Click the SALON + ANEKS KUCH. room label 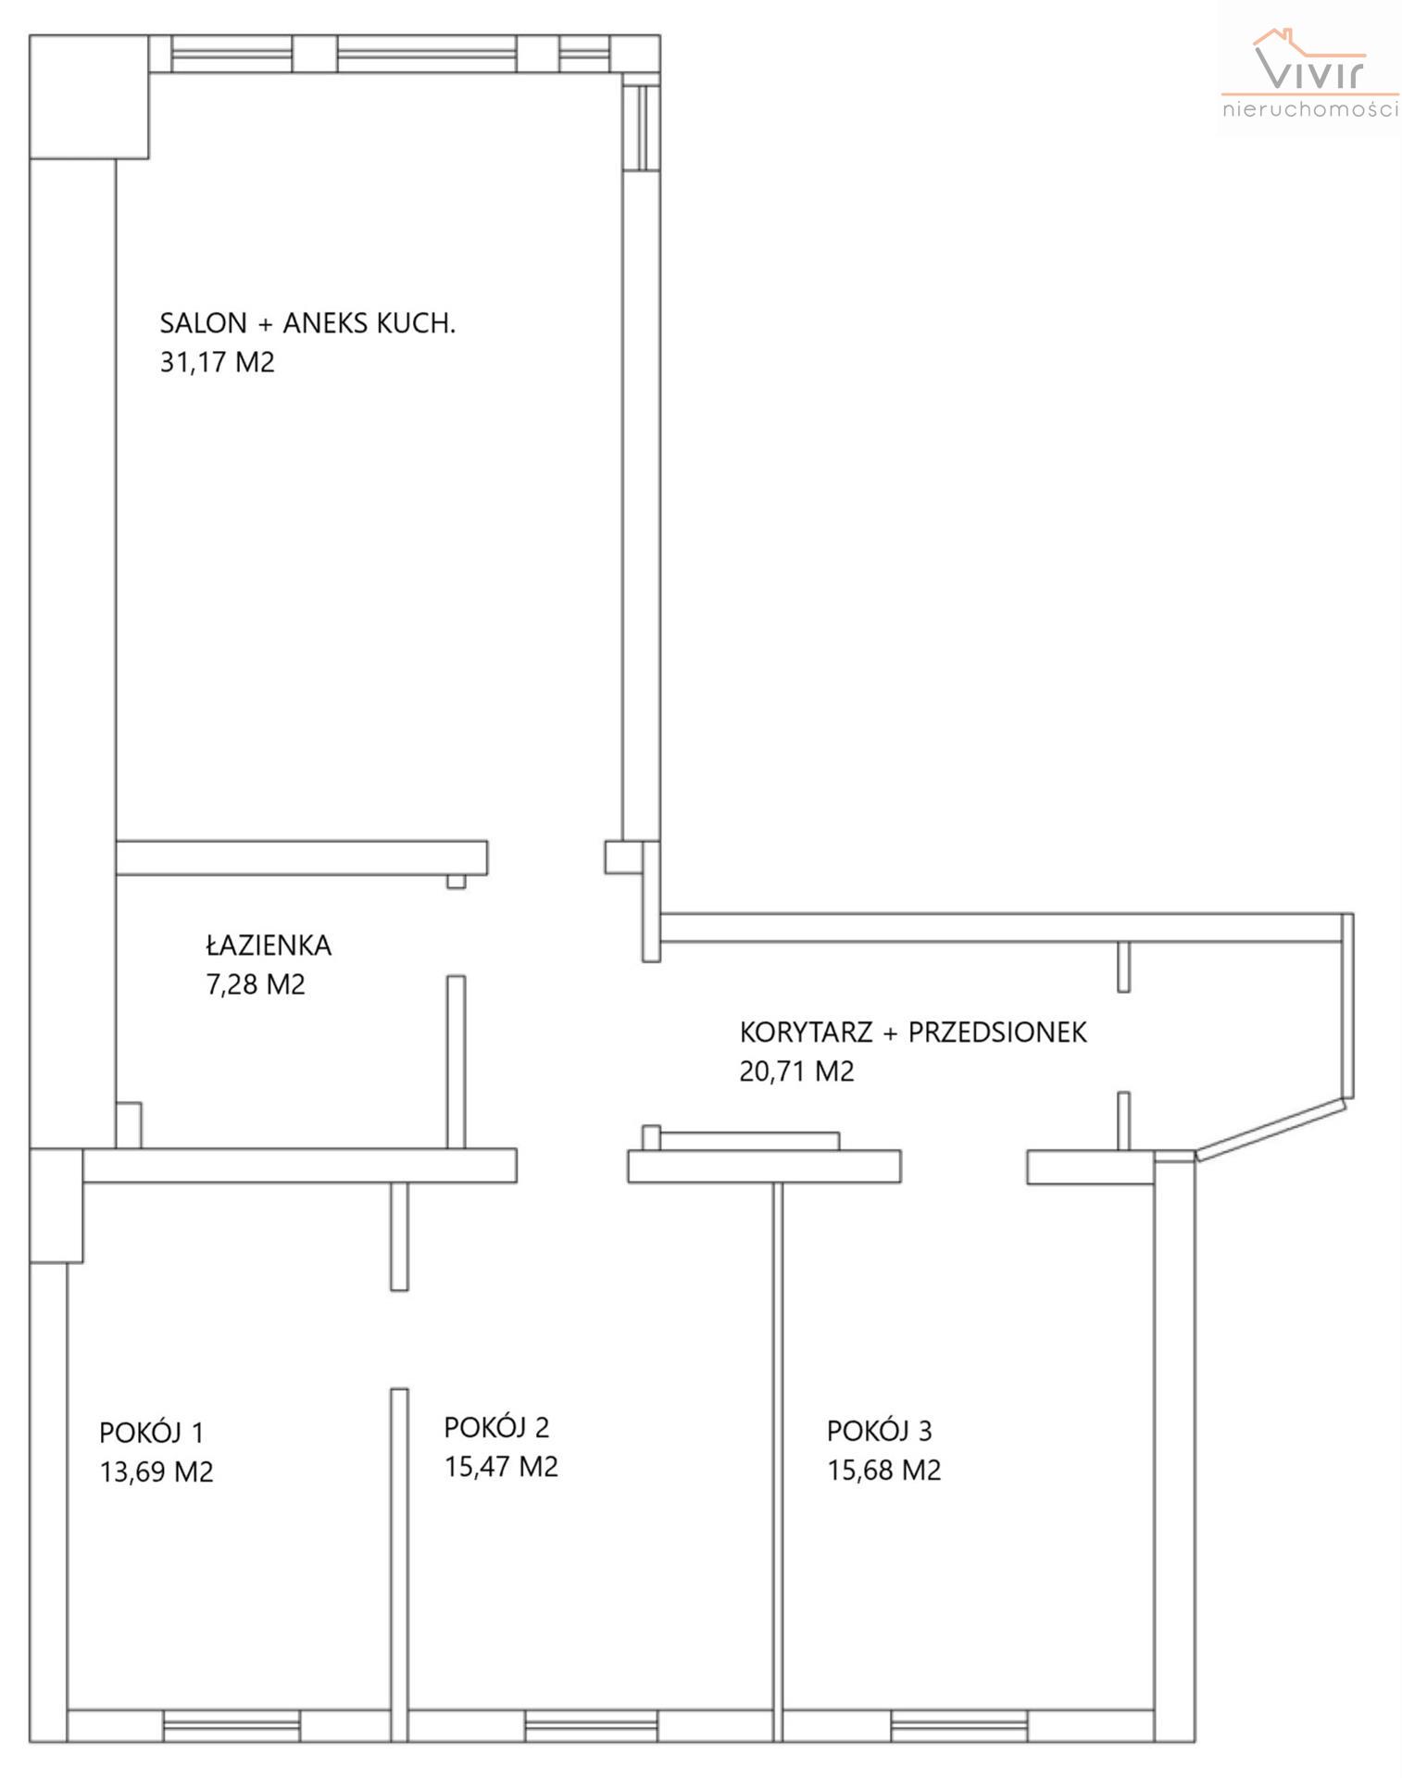click(x=307, y=323)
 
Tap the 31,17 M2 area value click(x=218, y=362)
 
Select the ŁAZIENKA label click(x=268, y=945)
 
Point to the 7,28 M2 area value click(x=256, y=983)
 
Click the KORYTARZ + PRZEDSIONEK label click(x=913, y=1032)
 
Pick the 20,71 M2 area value click(x=796, y=1071)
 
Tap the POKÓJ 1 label click(x=151, y=1432)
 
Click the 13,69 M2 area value click(x=156, y=1471)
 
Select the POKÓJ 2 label click(x=496, y=1427)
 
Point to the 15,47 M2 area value click(x=501, y=1467)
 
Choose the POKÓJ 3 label click(x=880, y=1431)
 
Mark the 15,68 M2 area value click(x=884, y=1471)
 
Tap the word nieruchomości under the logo click(x=1310, y=108)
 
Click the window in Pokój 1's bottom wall click(x=232, y=1725)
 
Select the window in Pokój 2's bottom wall click(x=593, y=1725)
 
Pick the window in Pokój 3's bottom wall click(x=959, y=1725)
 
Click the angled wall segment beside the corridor click(x=1270, y=1128)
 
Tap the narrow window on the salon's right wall click(x=641, y=128)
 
